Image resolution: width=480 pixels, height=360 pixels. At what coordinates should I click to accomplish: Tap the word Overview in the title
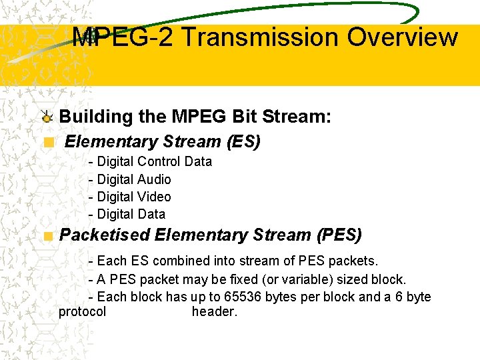402,37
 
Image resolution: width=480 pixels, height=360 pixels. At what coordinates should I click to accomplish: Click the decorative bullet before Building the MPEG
46,117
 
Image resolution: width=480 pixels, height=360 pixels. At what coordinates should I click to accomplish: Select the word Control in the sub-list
159,161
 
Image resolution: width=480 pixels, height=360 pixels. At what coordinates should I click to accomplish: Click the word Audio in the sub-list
154,179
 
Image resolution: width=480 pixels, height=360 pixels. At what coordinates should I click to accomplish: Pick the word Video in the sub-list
154,197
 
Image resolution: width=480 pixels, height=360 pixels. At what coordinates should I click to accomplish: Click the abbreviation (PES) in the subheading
339,235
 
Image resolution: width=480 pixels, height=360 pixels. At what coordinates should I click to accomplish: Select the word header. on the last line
214,311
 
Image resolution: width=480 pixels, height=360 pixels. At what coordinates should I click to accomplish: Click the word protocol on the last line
82,311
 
